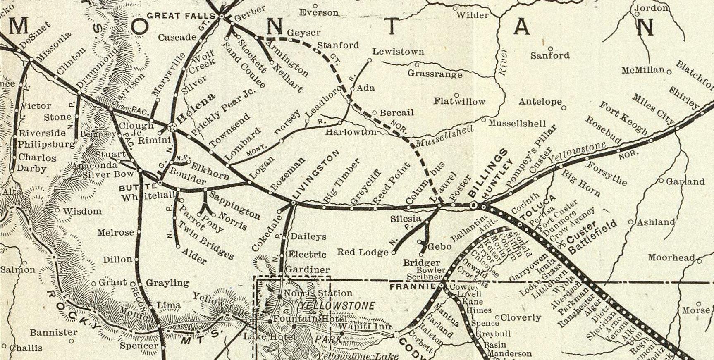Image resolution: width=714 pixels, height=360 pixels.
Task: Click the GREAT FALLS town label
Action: pyautogui.click(x=181, y=16)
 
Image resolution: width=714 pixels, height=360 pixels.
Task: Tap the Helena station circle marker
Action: pyautogui.click(x=173, y=127)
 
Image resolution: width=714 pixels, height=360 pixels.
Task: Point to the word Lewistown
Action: pyautogui.click(x=398, y=52)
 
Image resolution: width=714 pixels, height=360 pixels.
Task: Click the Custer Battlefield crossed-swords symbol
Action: pyautogui.click(x=561, y=245)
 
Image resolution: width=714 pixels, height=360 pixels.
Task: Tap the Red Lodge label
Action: pyautogui.click(x=363, y=252)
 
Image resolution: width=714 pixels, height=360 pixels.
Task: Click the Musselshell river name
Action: pyautogui.click(x=444, y=137)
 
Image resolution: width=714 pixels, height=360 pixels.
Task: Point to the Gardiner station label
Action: pyautogui.click(x=308, y=269)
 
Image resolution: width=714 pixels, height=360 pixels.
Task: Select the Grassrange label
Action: pyautogui.click(x=435, y=74)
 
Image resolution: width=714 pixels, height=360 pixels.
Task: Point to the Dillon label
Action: pyautogui.click(x=117, y=260)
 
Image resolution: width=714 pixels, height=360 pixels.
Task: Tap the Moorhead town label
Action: pyautogui.click(x=671, y=257)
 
